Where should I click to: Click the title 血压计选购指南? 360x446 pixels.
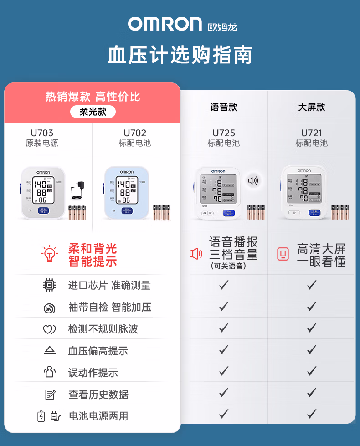(x=180, y=55)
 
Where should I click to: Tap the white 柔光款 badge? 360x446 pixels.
(x=93, y=112)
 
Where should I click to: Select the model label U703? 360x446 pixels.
(x=42, y=133)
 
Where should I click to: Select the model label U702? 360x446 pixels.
(x=135, y=133)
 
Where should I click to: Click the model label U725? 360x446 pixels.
(x=224, y=133)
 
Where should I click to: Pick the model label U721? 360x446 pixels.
(x=312, y=133)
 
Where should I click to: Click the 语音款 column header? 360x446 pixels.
(x=224, y=108)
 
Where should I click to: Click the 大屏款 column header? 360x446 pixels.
(x=312, y=108)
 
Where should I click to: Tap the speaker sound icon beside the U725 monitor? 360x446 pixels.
(x=253, y=180)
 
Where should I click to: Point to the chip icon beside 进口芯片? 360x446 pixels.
(x=49, y=285)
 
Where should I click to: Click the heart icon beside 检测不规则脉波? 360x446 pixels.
(x=49, y=329)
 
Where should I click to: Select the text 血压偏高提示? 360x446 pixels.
(x=98, y=351)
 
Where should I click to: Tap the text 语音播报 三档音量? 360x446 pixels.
(x=233, y=248)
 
